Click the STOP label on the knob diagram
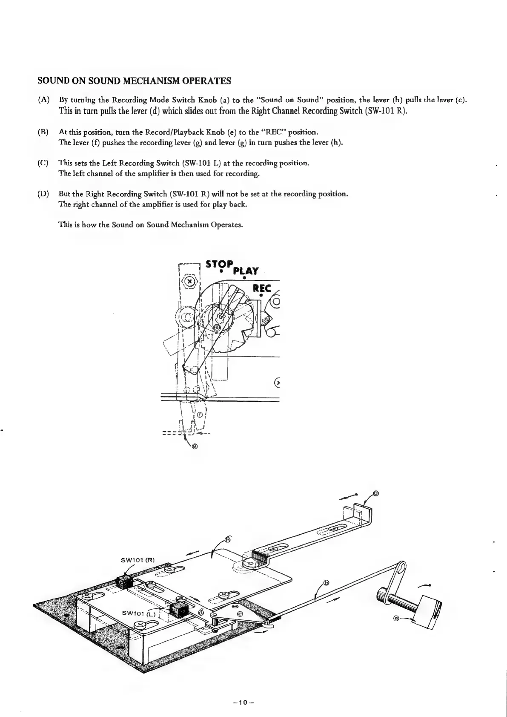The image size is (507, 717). [219, 264]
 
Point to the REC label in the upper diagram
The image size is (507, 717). [262, 288]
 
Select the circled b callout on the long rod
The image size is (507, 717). [327, 583]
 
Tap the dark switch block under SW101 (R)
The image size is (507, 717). [125, 581]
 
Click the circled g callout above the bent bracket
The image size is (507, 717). [375, 494]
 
